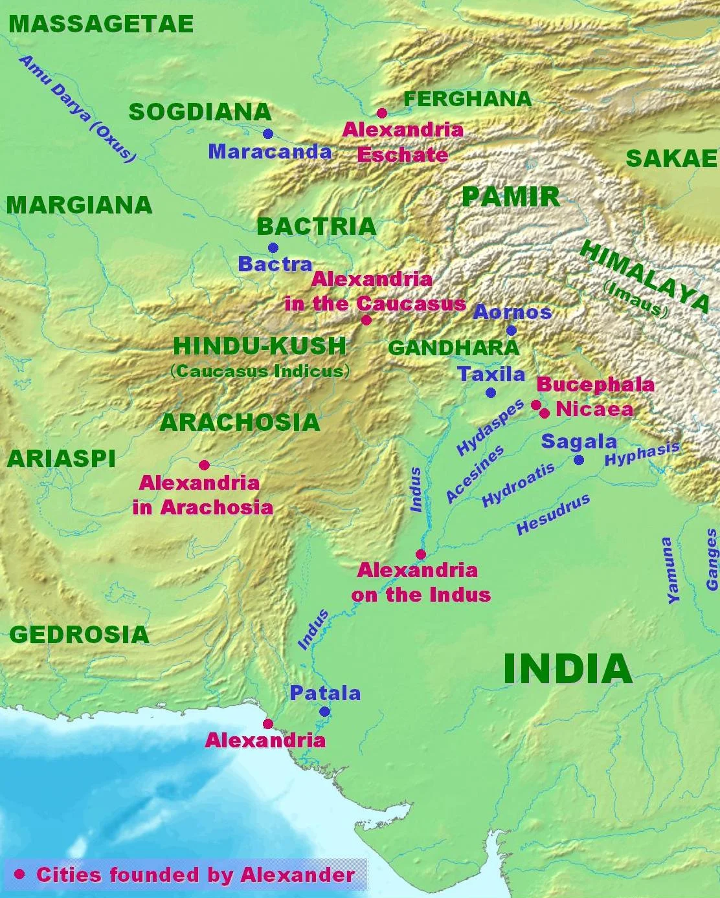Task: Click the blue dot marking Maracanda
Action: (x=268, y=134)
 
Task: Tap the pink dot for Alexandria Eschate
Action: (x=382, y=113)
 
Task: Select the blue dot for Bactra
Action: (x=273, y=248)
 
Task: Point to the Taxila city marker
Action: (x=491, y=393)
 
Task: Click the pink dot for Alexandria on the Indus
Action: (x=421, y=554)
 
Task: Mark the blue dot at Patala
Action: (x=325, y=712)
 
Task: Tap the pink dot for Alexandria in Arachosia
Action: (x=204, y=465)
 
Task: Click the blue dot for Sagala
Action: (x=579, y=460)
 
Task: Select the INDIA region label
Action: (x=567, y=669)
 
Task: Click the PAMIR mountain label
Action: (x=511, y=197)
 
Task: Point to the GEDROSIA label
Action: (x=79, y=635)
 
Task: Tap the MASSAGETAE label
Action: (x=101, y=25)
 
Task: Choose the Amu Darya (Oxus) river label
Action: (x=78, y=109)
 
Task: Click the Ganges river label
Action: (x=712, y=560)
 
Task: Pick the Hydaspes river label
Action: (x=490, y=428)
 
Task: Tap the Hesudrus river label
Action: (x=553, y=514)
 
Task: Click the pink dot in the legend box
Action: (x=19, y=874)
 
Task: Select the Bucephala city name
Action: (x=595, y=384)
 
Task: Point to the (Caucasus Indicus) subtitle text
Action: (x=260, y=371)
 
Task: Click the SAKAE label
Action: (x=671, y=159)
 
